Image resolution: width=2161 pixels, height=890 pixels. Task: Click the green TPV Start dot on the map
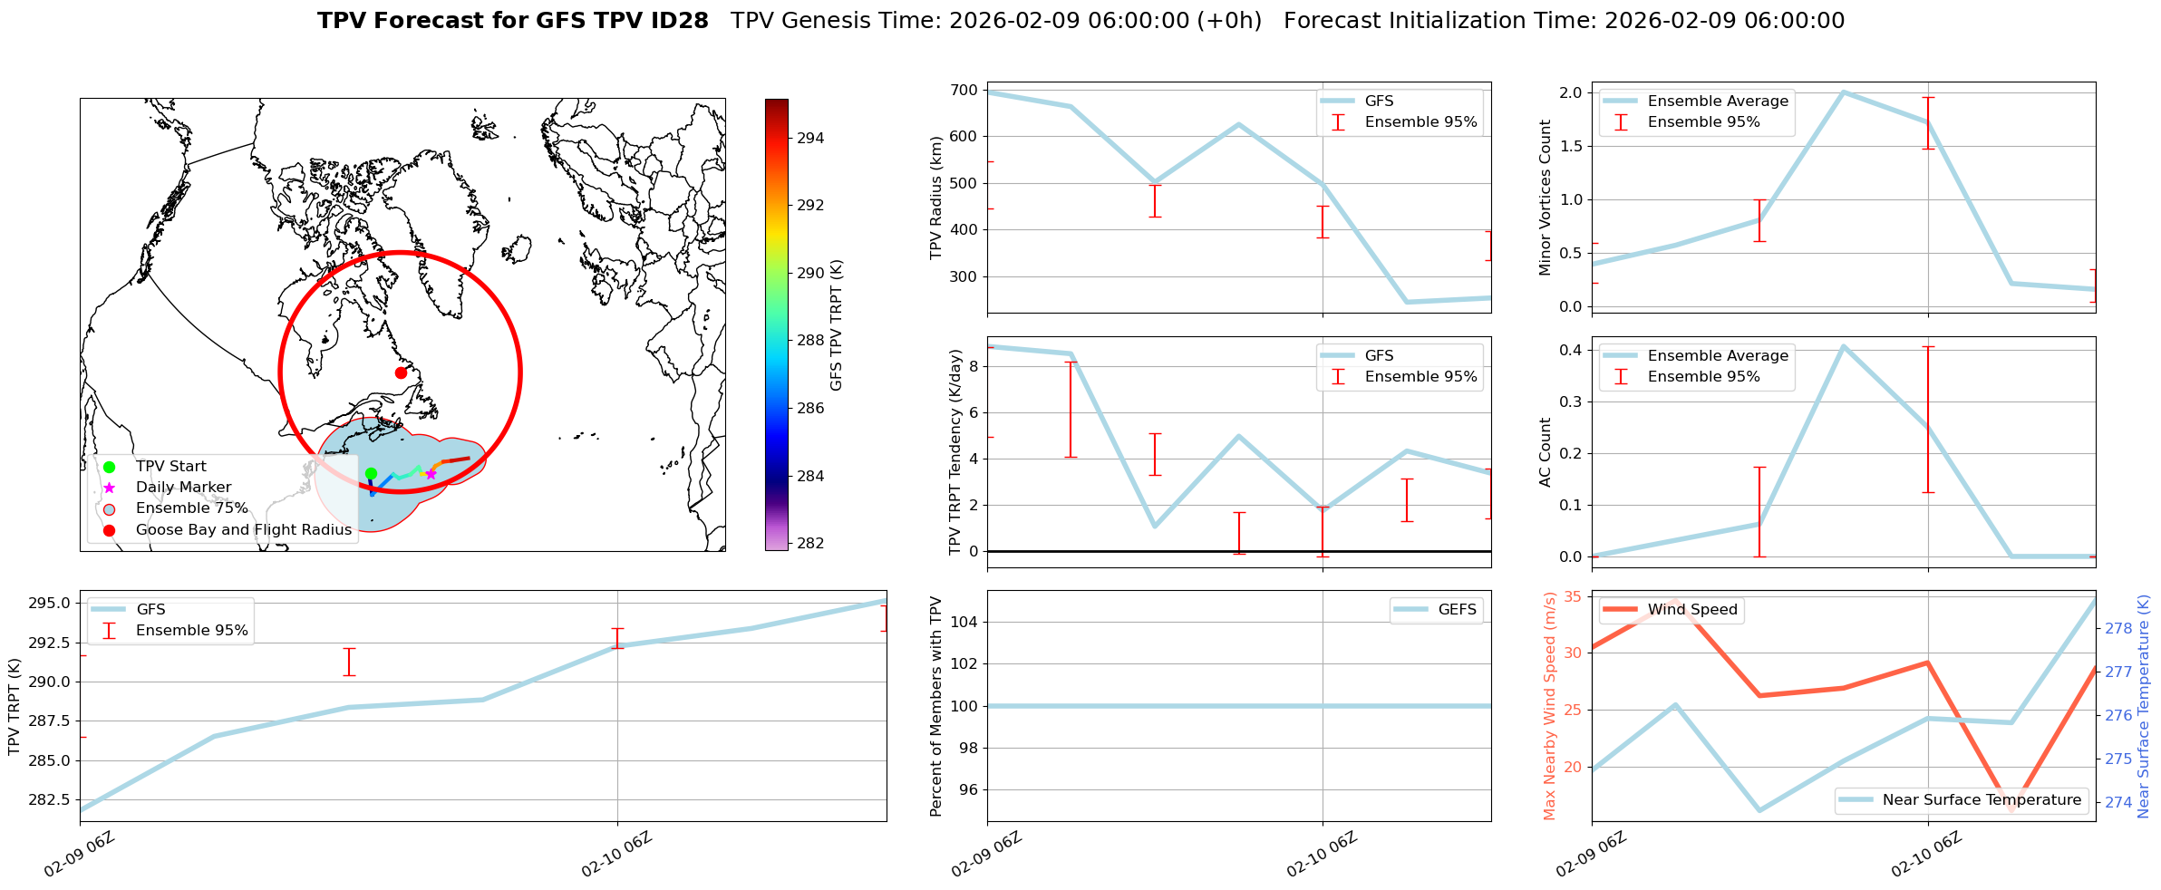pos(371,473)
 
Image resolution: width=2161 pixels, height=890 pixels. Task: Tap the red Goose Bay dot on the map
pos(401,372)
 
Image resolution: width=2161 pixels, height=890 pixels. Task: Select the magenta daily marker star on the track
pos(431,474)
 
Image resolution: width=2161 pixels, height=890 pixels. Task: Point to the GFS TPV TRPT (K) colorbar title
pos(836,325)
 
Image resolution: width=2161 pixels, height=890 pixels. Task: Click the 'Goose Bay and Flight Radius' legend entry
pos(243,529)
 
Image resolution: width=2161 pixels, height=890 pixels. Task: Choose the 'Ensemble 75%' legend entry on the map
pos(191,508)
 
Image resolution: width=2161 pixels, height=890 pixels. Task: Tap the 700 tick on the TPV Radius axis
pos(964,90)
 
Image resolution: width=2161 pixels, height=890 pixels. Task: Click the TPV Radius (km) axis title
pos(936,198)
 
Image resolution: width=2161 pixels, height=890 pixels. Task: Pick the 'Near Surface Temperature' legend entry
pos(1982,799)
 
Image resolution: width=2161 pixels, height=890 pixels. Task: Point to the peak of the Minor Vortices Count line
pos(1843,92)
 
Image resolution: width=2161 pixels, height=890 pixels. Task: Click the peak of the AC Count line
pos(1843,346)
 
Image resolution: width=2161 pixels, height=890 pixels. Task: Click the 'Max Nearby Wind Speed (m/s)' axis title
pos(1549,706)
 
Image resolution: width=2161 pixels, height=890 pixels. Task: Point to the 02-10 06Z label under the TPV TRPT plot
pos(616,855)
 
